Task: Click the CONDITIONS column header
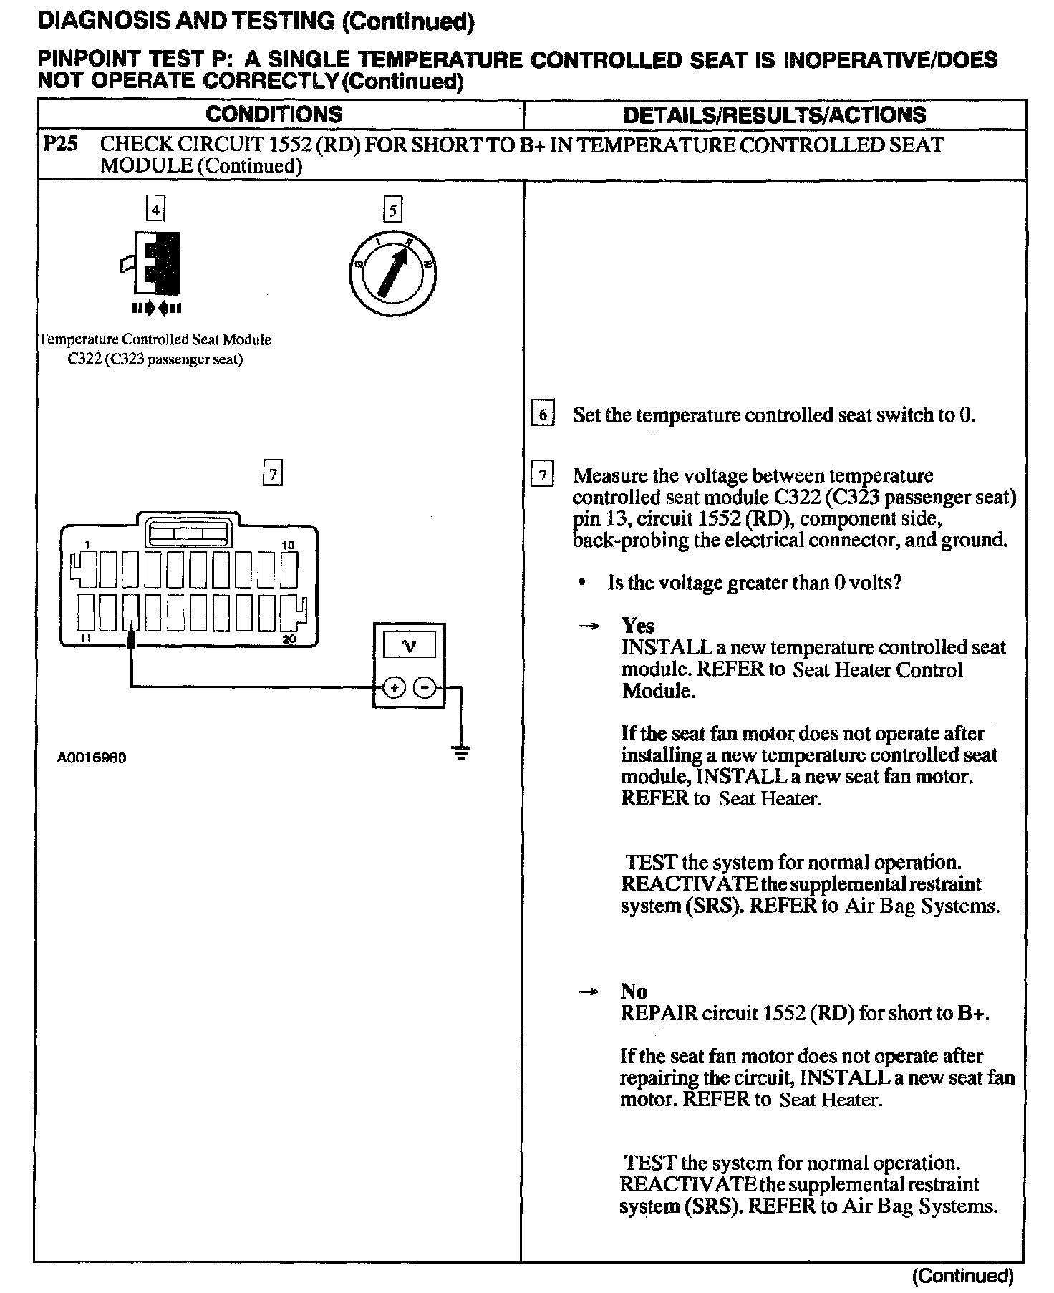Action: (x=274, y=115)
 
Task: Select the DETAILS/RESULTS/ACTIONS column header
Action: (x=774, y=115)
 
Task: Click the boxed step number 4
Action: (x=155, y=210)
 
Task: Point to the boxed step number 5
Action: (x=392, y=210)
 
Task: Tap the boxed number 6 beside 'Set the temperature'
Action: (x=542, y=415)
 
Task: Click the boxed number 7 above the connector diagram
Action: (x=273, y=474)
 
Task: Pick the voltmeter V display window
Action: (x=409, y=646)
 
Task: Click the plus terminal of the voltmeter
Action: (x=395, y=688)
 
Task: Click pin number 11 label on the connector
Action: (x=85, y=638)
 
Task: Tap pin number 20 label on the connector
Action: (x=289, y=639)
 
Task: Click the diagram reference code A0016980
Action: (x=92, y=757)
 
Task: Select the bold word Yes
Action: (x=637, y=626)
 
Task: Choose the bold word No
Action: (x=634, y=991)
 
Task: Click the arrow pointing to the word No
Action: (x=588, y=992)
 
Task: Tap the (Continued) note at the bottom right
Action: (x=962, y=1275)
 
